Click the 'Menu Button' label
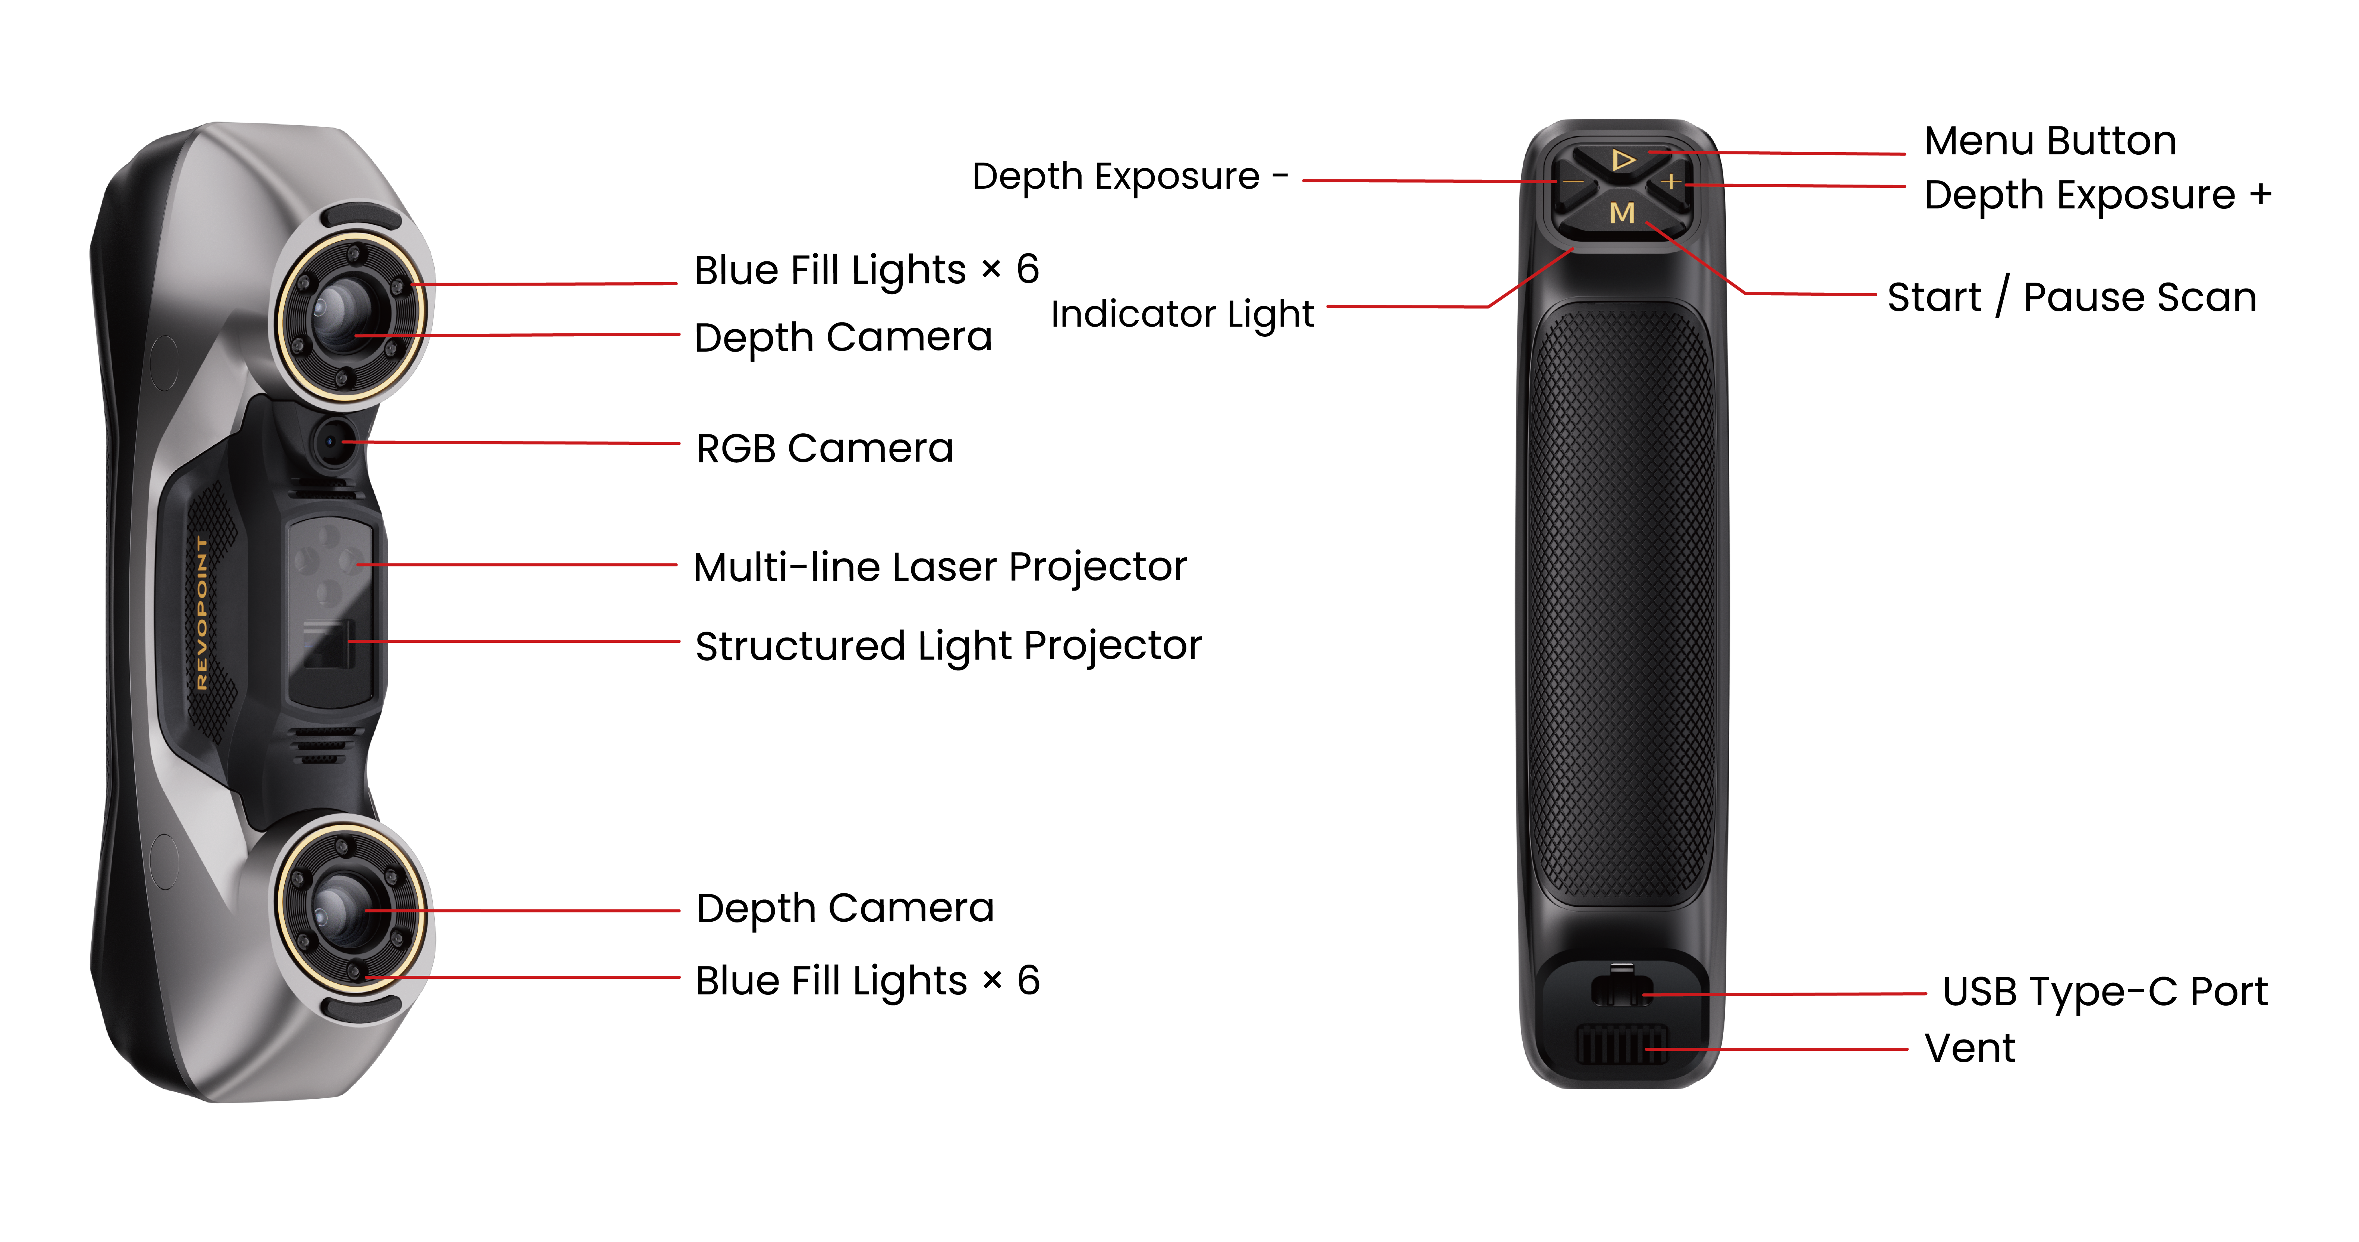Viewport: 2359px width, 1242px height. [2050, 141]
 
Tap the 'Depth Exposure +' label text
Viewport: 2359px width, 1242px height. [2097, 195]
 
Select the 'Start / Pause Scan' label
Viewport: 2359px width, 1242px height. [2072, 297]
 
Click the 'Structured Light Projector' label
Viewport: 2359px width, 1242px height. [948, 646]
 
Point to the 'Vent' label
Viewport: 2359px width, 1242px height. [1969, 1048]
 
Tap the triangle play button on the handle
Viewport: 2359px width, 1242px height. [1623, 160]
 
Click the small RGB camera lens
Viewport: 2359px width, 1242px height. [331, 442]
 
